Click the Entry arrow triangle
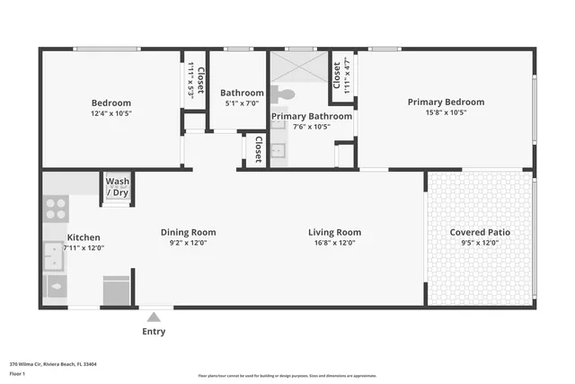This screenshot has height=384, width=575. pos(154,317)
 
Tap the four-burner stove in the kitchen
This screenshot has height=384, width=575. pos(56,210)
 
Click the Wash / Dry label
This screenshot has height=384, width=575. pos(118,187)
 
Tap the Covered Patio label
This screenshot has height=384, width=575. pos(480,232)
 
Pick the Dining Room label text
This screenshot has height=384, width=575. pos(188,232)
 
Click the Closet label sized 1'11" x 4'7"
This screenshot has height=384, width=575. pos(341,71)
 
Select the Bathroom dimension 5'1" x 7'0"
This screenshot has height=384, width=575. pos(242,103)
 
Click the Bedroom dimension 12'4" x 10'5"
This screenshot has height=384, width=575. pos(111,113)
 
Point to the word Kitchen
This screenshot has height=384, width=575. pos(84,237)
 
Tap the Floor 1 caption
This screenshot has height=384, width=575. pos(18,372)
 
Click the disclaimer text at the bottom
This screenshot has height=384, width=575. pos(287,375)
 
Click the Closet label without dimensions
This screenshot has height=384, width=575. pos(259,148)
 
